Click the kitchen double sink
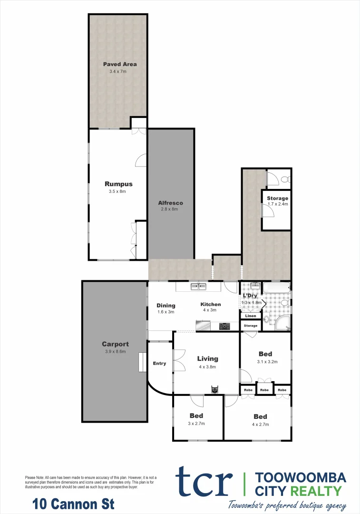(x=198, y=287)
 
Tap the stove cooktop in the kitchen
(x=224, y=326)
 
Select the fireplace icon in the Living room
(x=215, y=389)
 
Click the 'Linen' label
(x=251, y=316)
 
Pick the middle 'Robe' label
(x=264, y=390)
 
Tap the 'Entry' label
(x=159, y=364)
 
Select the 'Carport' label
(x=115, y=344)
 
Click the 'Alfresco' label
(x=170, y=203)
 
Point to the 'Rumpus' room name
(x=118, y=184)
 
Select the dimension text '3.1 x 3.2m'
(x=267, y=362)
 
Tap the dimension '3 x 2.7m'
(x=196, y=424)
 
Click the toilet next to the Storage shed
(x=284, y=179)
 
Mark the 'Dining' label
(x=166, y=306)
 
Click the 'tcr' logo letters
(x=204, y=482)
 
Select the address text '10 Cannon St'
(x=73, y=503)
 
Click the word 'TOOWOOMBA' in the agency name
(x=301, y=477)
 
